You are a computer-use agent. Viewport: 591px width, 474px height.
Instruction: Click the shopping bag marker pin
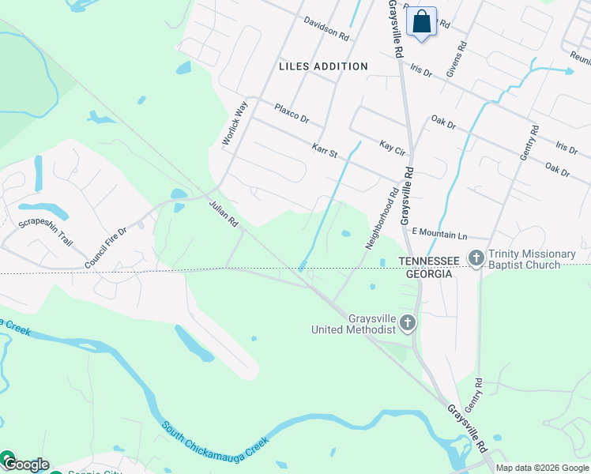click(x=422, y=21)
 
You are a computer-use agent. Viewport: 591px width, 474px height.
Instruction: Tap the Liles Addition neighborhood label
click(x=323, y=66)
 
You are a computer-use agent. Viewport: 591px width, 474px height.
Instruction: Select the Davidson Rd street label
click(x=326, y=30)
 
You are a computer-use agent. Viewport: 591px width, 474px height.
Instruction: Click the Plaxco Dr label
click(x=292, y=114)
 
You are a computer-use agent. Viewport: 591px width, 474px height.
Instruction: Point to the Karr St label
click(x=324, y=150)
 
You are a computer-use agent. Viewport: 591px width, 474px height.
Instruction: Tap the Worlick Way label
click(x=235, y=123)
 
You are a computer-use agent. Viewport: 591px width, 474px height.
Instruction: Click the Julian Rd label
click(x=224, y=214)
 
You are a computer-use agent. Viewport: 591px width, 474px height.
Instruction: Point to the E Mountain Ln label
click(x=440, y=234)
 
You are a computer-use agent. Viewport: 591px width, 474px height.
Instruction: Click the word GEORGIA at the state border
click(x=429, y=273)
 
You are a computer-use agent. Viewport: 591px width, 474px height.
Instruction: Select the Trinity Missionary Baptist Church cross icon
click(x=476, y=258)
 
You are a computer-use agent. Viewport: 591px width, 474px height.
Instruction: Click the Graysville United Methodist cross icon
click(x=408, y=322)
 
